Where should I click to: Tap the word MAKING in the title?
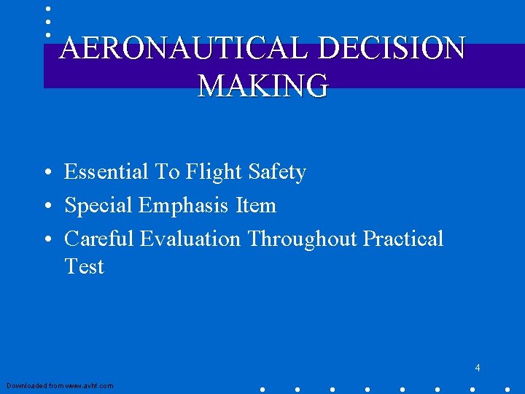(x=263, y=85)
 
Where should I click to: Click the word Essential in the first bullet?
(x=106, y=172)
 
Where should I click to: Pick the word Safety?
(x=277, y=173)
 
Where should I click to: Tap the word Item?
(x=256, y=206)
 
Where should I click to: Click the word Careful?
(x=99, y=239)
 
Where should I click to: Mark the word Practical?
(x=403, y=239)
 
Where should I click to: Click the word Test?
(x=84, y=266)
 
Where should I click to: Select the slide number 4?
(x=478, y=368)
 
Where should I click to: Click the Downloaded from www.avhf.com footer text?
(x=60, y=385)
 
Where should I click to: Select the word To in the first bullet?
(x=167, y=172)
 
